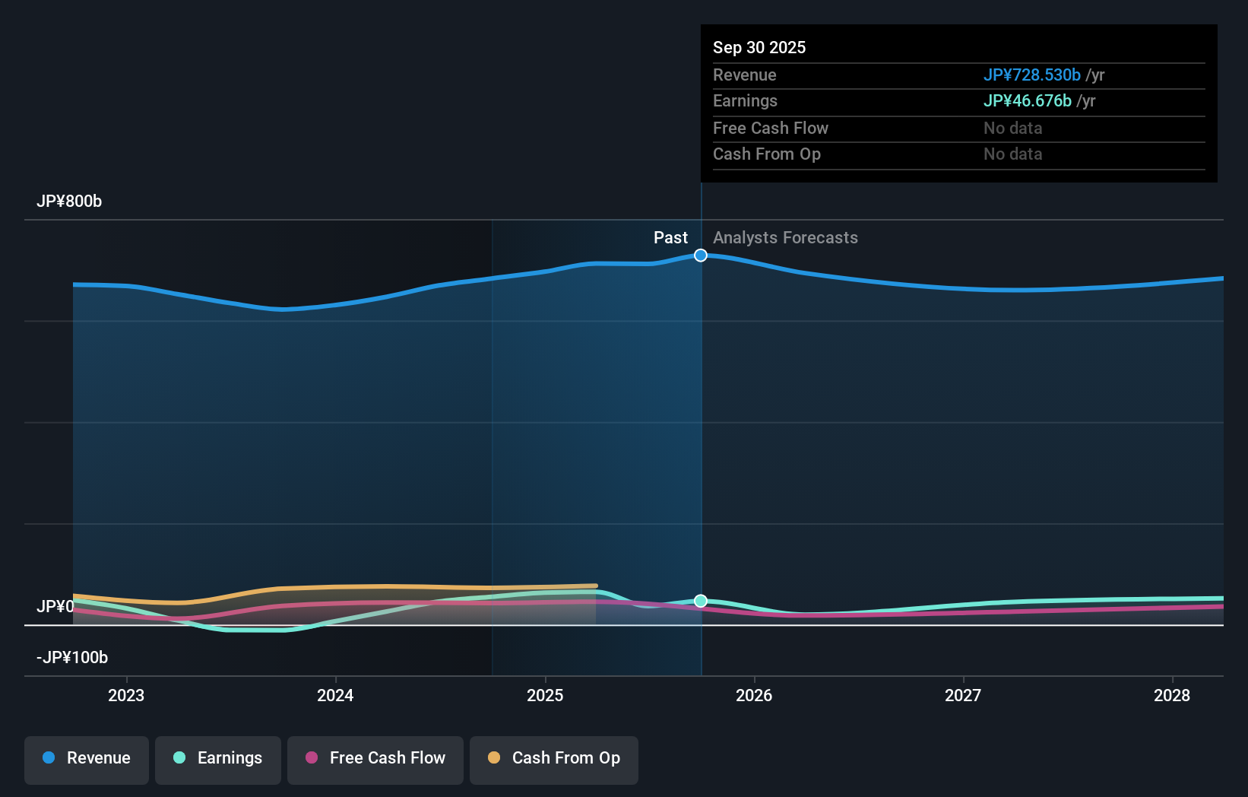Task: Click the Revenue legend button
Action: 87,758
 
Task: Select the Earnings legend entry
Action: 218,758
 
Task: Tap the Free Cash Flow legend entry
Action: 375,758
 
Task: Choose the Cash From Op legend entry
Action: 554,758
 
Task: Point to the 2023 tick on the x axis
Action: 126,695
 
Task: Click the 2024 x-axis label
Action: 335,695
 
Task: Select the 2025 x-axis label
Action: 545,695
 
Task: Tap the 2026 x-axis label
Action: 754,695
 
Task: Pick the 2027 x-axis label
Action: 963,695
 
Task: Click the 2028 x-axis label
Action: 1172,695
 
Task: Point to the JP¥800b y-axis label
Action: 69,202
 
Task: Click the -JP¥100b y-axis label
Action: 72,658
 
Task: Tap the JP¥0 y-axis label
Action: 55,607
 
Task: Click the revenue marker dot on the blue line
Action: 701,256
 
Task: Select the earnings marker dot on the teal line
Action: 701,601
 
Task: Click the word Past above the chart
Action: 670,238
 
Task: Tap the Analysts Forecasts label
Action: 785,238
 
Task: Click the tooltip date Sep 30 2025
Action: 759,48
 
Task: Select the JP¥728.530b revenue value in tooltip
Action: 1031,75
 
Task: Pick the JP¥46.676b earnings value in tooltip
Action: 1027,101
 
